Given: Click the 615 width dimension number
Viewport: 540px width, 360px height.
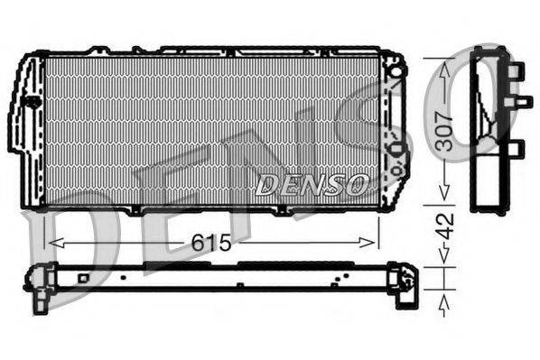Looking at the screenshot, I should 211,242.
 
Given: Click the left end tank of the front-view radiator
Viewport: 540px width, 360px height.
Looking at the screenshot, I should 27,131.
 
